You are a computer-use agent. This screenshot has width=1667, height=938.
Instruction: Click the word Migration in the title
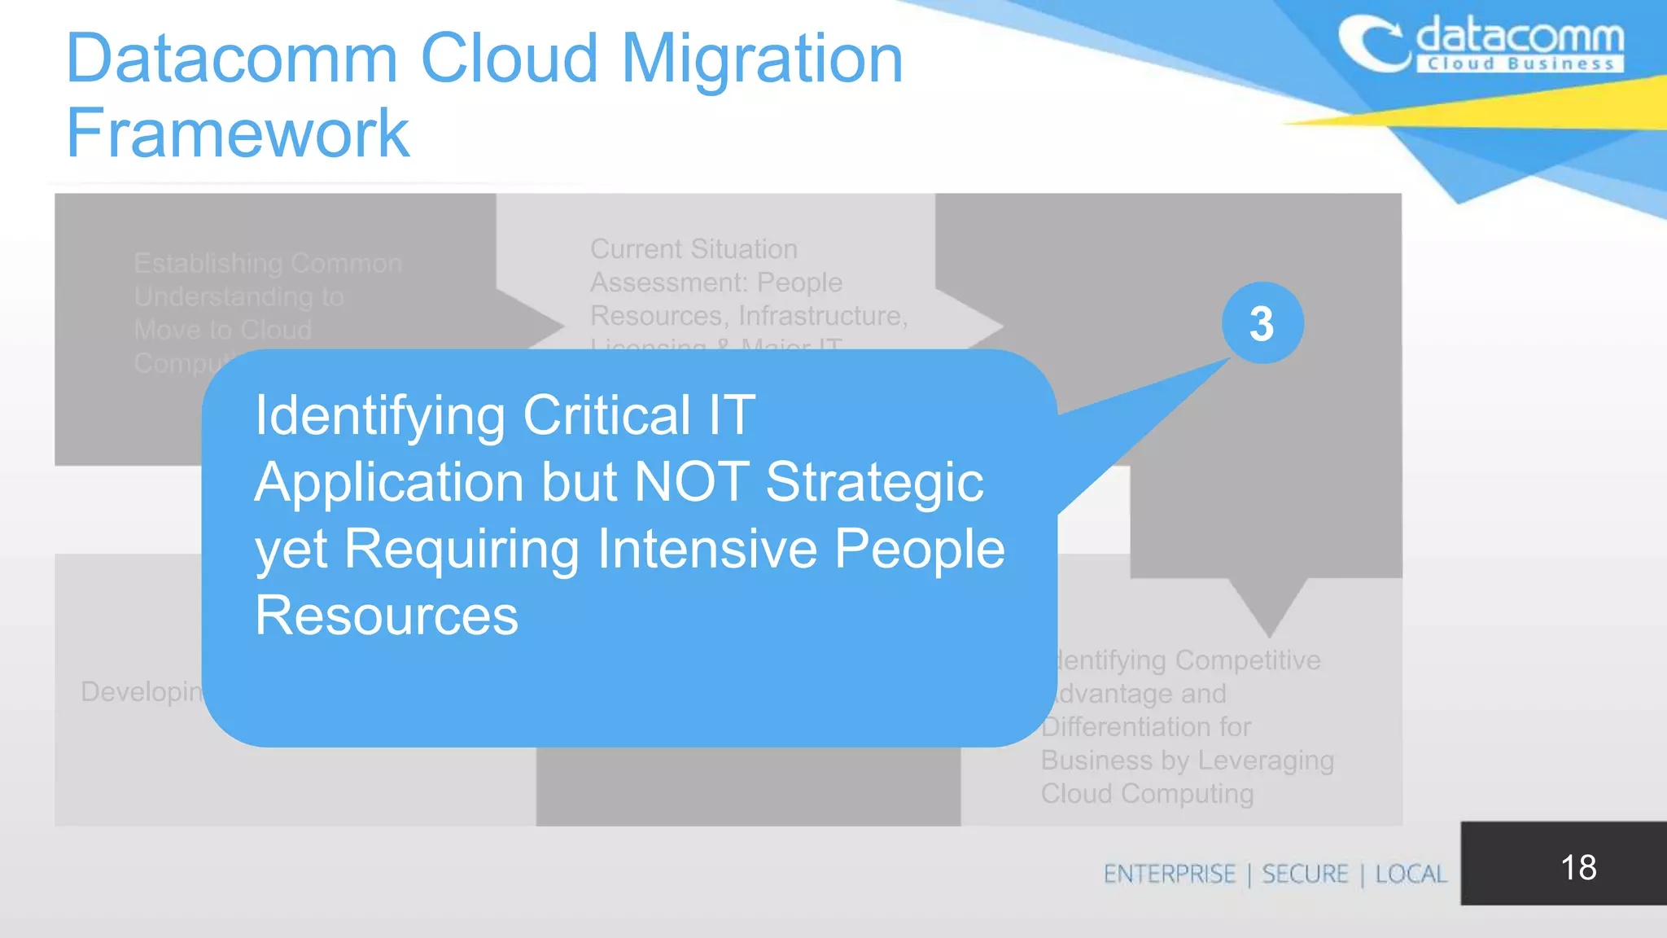762,59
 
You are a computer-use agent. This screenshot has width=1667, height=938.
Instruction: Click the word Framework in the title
238,134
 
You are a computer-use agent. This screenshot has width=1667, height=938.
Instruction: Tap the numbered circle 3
1262,323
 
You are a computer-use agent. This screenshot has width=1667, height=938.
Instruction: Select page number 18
1578,867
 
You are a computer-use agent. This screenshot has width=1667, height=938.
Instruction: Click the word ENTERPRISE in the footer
1169,874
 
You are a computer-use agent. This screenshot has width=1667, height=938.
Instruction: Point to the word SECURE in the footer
1305,874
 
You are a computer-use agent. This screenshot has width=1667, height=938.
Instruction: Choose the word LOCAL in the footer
1411,874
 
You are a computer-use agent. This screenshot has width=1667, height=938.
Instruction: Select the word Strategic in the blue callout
874,481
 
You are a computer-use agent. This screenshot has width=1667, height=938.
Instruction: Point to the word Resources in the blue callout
387,615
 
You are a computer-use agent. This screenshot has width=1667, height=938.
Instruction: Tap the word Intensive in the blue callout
707,548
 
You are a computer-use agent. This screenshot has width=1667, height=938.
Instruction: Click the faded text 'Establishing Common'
268,263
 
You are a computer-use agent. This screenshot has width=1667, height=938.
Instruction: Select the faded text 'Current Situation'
693,248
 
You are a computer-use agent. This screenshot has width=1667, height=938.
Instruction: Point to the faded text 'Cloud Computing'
1147,793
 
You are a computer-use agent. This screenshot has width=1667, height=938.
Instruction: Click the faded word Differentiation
1146,726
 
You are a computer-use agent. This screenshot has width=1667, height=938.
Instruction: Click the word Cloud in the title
510,59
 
